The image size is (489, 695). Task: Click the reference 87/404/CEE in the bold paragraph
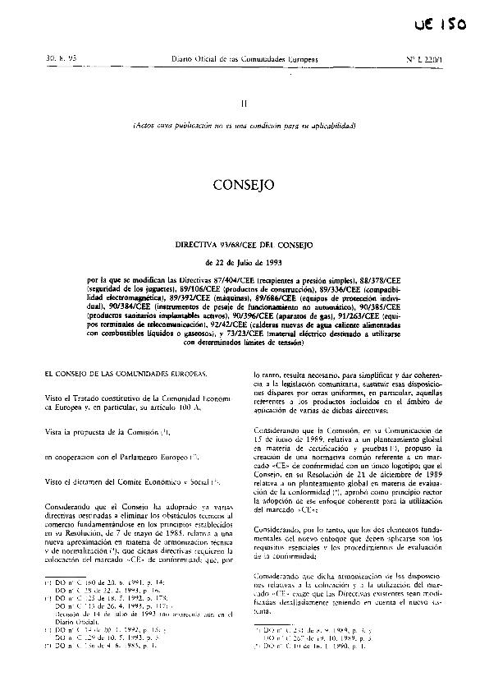click(x=235, y=280)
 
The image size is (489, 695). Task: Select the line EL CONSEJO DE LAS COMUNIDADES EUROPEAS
click(x=122, y=374)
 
